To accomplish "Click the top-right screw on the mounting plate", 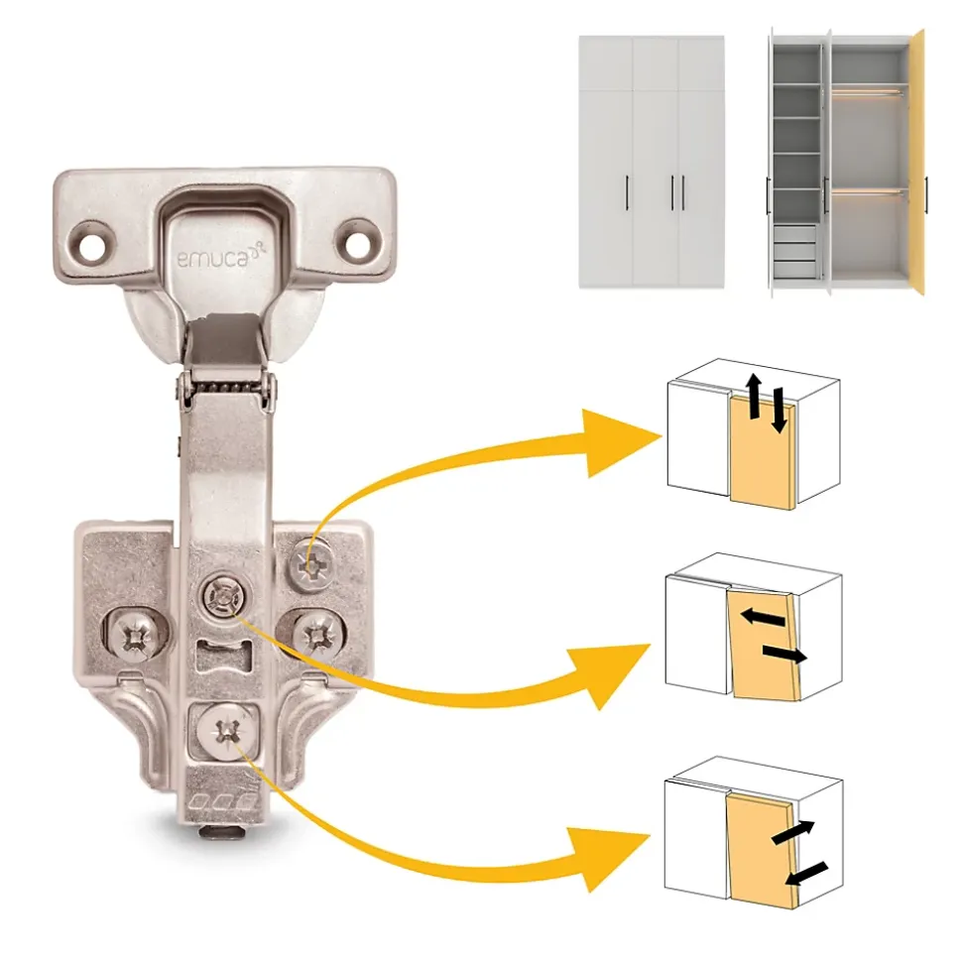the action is point(312,564).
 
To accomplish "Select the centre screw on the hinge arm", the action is point(224,595).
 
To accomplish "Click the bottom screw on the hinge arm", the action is point(226,731).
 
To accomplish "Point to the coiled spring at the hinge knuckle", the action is point(225,388).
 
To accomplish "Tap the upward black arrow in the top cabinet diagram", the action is point(754,396).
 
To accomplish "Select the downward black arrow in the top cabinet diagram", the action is point(779,411).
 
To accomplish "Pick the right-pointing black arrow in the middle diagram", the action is point(784,655).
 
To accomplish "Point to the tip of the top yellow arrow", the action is point(661,437).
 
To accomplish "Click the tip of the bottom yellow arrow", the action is point(651,836).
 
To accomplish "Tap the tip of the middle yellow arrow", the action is point(651,645).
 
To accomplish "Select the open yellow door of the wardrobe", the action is point(917,163).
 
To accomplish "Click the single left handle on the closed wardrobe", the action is point(627,192).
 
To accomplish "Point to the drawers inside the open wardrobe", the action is point(794,252).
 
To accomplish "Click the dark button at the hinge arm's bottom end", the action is point(220,832).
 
